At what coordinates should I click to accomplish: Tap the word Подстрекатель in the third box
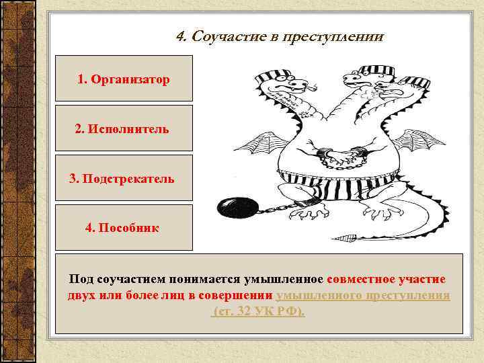point(131,179)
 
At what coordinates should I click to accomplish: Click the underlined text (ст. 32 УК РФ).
point(259,313)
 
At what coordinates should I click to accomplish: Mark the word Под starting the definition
point(79,279)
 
